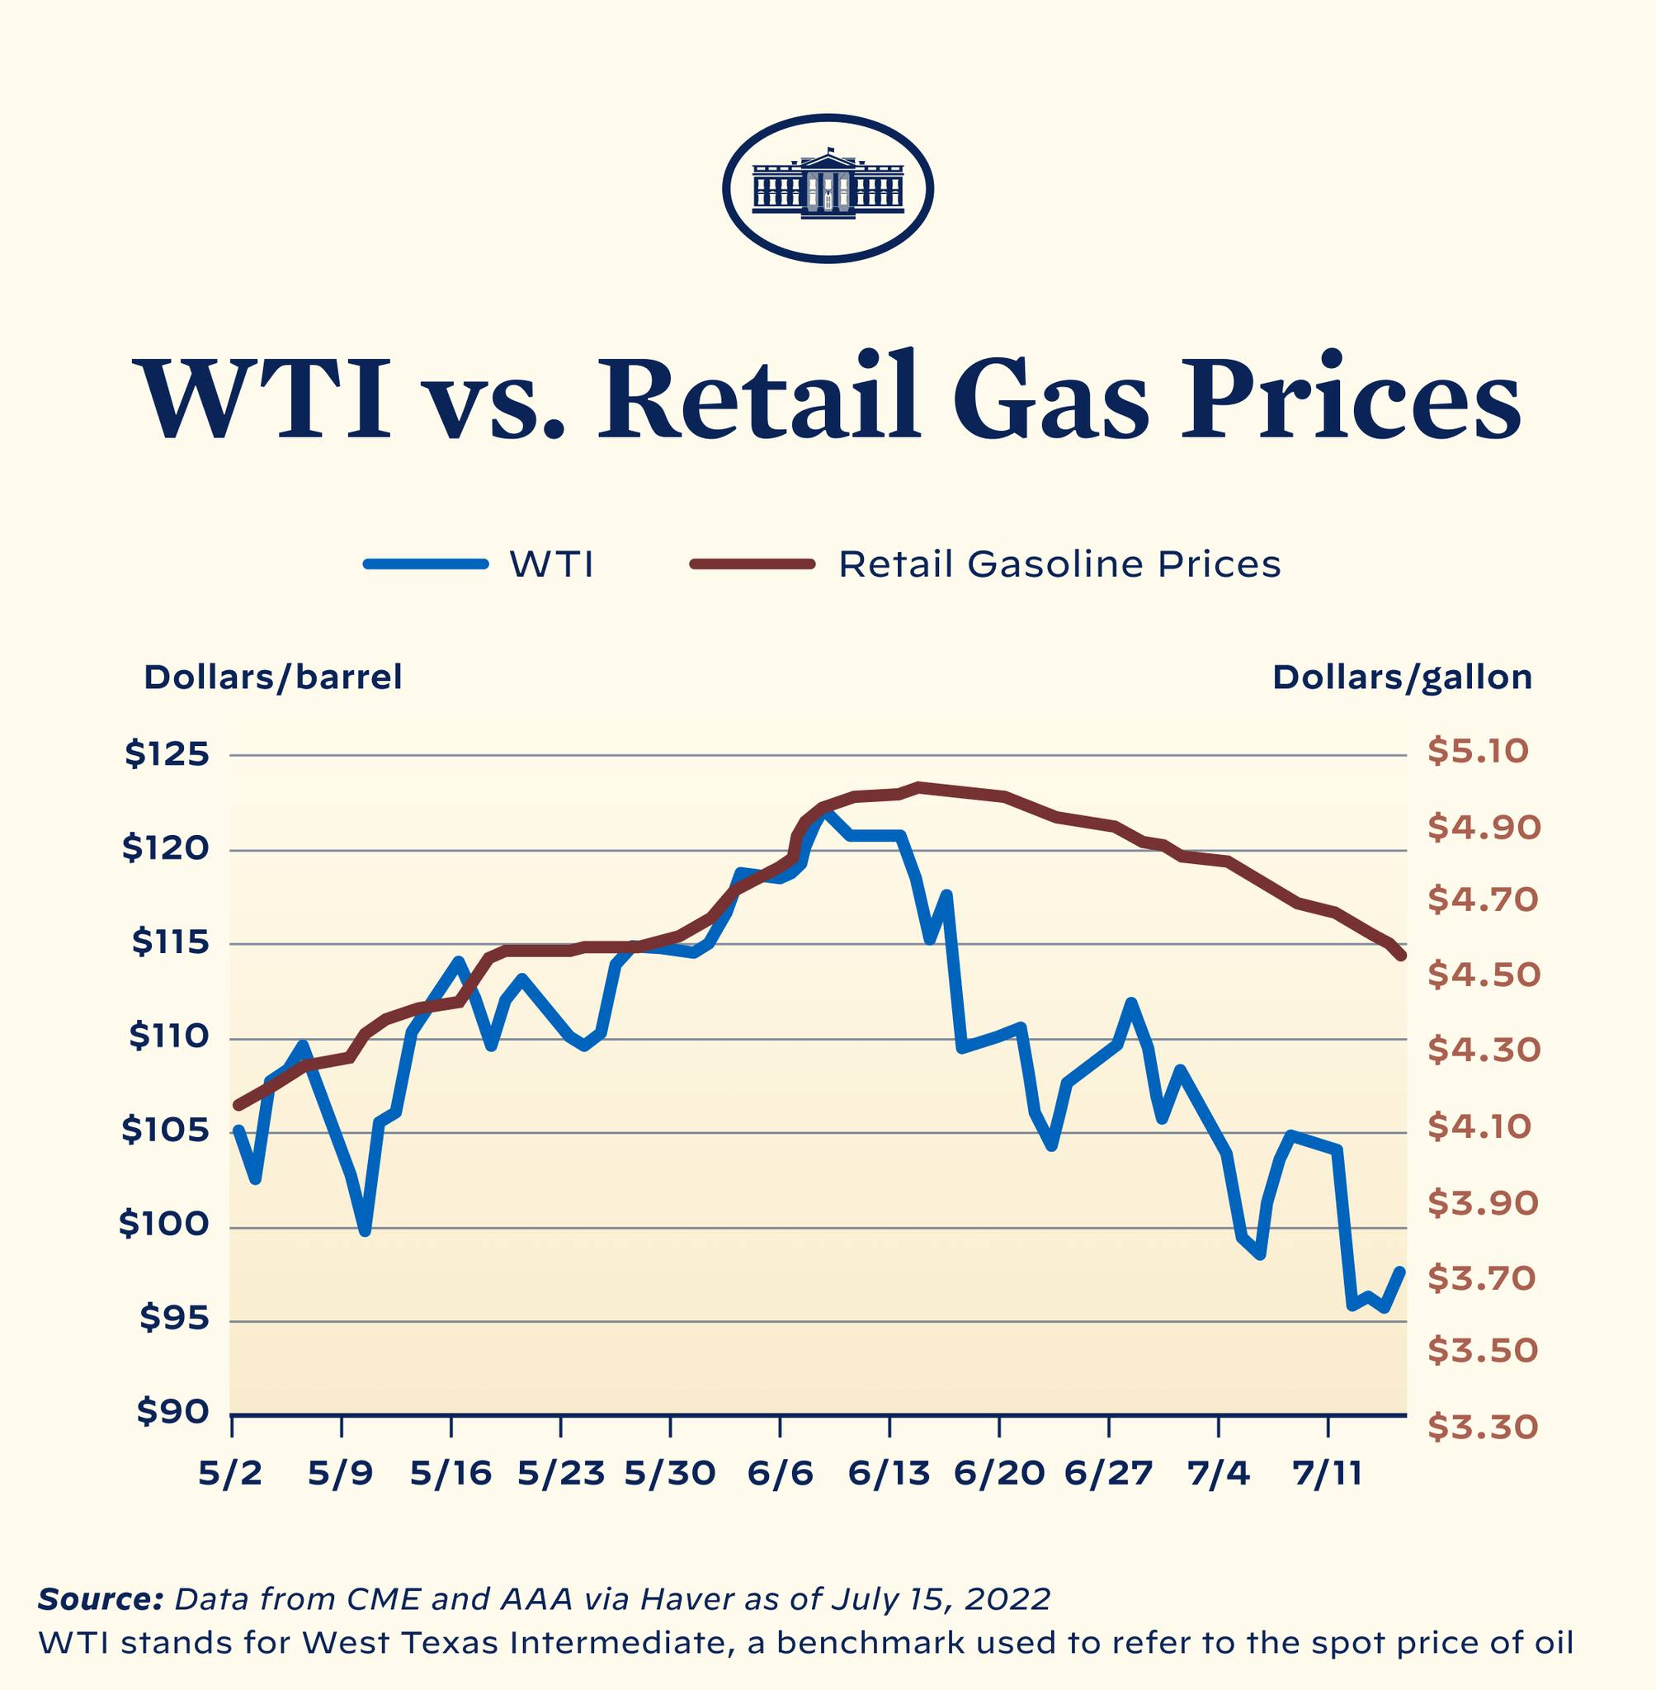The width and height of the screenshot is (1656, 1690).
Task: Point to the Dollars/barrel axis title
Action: [273, 677]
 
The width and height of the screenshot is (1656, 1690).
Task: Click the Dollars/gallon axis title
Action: [1401, 677]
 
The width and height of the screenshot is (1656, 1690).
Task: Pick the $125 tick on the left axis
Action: [167, 754]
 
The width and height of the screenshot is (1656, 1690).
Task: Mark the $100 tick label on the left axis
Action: [164, 1225]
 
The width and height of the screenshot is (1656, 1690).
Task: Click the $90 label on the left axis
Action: [173, 1414]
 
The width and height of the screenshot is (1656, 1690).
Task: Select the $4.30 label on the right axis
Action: [1483, 1050]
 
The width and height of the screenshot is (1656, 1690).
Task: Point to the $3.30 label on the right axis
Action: [1483, 1428]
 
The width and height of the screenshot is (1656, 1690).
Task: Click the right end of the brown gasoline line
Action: [1400, 956]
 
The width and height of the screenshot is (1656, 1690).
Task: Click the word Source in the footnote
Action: [100, 1599]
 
